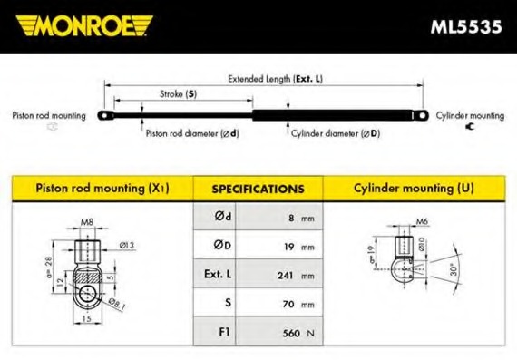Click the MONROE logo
coord(84,25)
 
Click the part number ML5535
coord(466,26)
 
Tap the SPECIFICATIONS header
coord(258,189)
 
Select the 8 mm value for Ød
coord(301,218)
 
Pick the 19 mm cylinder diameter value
coord(299,247)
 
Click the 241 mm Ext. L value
coord(296,276)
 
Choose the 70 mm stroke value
coord(298,304)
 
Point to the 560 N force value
coord(298,333)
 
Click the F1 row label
coord(224,332)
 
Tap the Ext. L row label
coord(218,274)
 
